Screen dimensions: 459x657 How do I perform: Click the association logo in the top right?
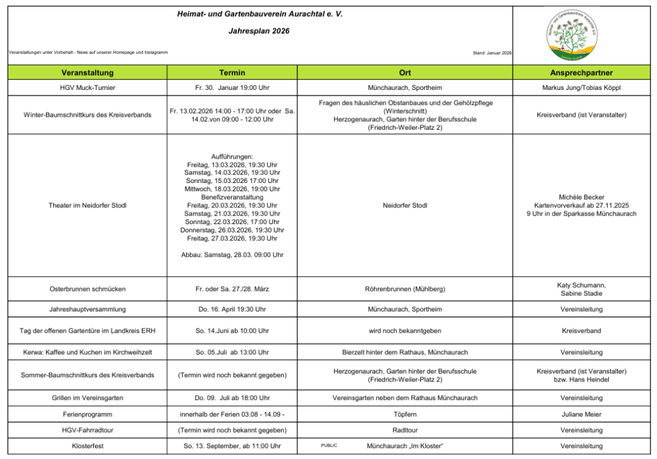(572, 35)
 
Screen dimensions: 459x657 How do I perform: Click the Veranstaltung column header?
(87, 73)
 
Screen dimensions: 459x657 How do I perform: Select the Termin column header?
(232, 73)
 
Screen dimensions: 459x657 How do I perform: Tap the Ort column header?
(404, 73)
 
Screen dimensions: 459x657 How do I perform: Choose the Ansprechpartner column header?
(581, 73)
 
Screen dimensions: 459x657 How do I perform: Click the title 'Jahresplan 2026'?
(259, 31)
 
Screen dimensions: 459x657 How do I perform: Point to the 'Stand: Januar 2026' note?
(491, 53)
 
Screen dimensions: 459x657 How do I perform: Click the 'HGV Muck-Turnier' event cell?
(87, 87)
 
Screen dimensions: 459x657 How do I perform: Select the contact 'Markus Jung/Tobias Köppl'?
(581, 87)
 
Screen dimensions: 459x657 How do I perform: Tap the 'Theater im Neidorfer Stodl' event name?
(87, 205)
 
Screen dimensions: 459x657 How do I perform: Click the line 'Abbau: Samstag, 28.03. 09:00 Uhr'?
(232, 255)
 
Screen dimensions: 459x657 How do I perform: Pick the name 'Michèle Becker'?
(581, 197)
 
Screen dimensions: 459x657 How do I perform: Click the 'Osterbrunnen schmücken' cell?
(87, 289)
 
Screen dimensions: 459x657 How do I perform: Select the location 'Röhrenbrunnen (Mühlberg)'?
(404, 289)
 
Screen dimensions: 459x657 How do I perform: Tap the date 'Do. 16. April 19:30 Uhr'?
(232, 309)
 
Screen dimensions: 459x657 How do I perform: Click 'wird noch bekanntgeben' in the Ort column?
(404, 331)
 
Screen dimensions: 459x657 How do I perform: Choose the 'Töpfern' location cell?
(404, 415)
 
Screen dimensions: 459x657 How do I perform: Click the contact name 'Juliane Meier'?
(581, 415)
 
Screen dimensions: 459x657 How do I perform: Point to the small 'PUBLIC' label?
(328, 445)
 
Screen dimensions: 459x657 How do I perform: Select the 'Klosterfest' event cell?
(87, 446)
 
